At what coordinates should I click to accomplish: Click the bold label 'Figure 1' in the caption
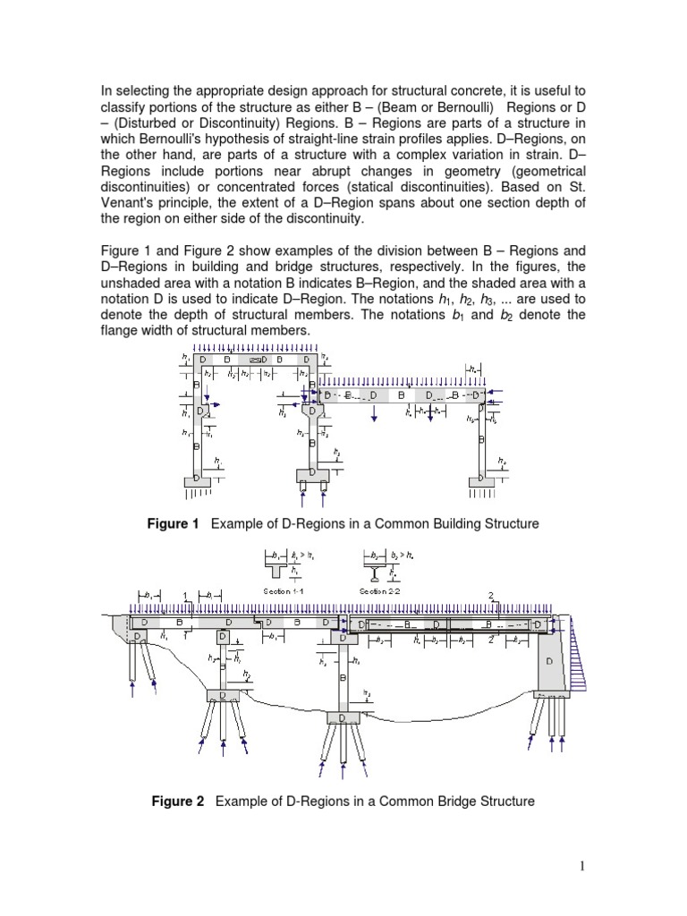tap(173, 523)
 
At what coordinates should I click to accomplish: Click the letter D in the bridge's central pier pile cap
tap(342, 717)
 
